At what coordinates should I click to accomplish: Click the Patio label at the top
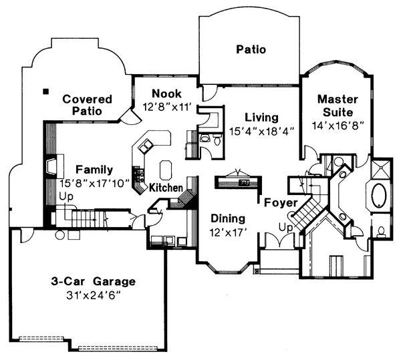[x=251, y=49]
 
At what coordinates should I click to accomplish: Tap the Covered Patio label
[x=87, y=106]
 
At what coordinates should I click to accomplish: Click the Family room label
[x=94, y=170]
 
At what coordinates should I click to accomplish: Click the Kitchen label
[x=166, y=188]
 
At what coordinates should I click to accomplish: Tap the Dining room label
[x=228, y=218]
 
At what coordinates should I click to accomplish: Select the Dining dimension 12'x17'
[x=228, y=232]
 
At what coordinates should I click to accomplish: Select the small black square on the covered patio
[x=46, y=90]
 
